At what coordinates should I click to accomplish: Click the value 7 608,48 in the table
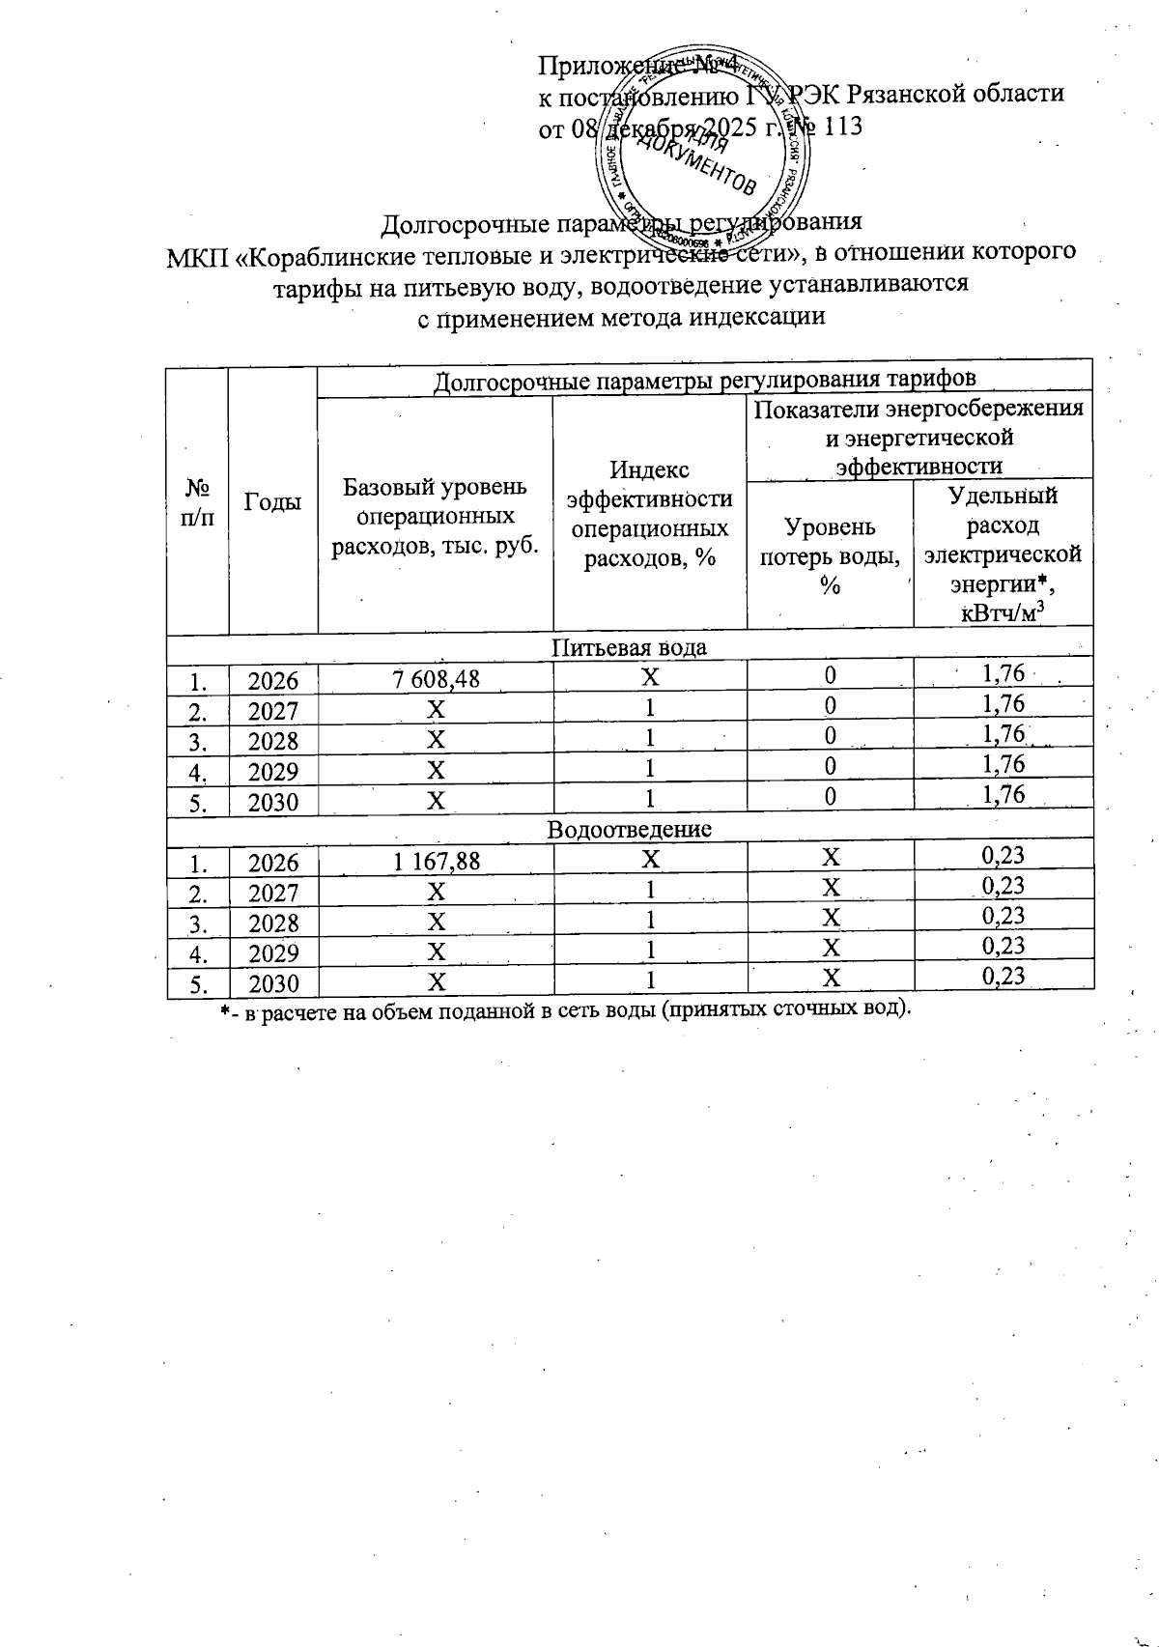[437, 679]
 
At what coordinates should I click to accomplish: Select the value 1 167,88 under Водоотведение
[437, 861]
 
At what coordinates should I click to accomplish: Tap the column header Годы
[272, 501]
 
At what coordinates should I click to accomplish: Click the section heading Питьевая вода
[629, 647]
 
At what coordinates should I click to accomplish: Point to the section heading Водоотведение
[630, 829]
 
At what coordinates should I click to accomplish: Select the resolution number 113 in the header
[841, 127]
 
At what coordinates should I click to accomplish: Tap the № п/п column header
[197, 501]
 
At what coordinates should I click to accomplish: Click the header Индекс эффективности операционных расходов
[650, 514]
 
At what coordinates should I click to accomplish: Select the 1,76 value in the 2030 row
[1003, 794]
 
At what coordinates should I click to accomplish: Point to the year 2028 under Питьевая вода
[272, 741]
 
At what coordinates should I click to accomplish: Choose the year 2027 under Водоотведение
[272, 893]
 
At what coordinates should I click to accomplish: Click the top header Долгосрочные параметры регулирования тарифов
[705, 381]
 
